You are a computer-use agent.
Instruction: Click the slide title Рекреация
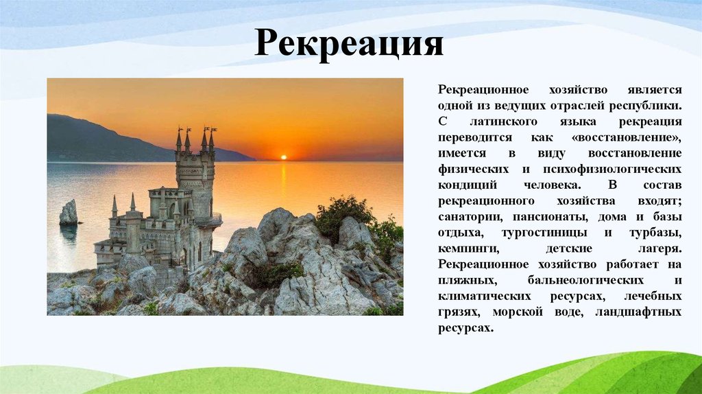[x=349, y=44]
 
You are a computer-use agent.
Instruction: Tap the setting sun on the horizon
[x=283, y=157]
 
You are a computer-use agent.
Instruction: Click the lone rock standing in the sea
[x=69, y=213]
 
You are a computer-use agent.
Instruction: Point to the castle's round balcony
[x=208, y=221]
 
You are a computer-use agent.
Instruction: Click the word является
[x=654, y=90]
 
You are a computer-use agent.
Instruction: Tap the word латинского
[x=503, y=122]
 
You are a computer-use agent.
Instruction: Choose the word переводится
[x=474, y=137]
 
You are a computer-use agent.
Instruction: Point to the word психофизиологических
[x=612, y=170]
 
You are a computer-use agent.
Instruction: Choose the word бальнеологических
[x=585, y=281]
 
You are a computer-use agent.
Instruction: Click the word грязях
[x=461, y=312]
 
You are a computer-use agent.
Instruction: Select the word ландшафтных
[x=638, y=312]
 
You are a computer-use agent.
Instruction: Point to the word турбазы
[x=655, y=233]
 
